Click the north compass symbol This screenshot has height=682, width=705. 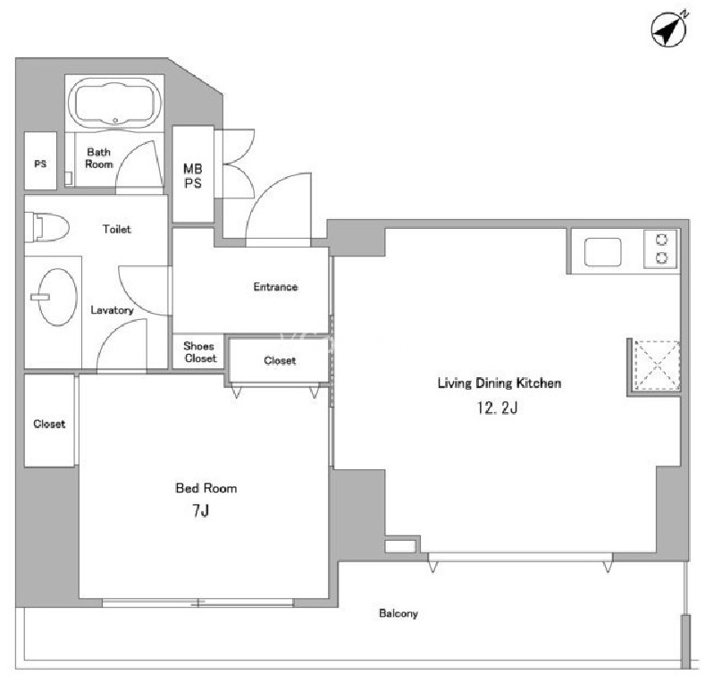pos(669,29)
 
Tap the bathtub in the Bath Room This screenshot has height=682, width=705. pos(114,104)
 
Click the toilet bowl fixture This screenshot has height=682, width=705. pos(46,227)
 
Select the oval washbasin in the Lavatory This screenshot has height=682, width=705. pos(56,297)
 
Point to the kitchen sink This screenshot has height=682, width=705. pos(602,252)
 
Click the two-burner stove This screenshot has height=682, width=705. pos(661,248)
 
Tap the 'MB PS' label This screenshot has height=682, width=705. pos(192,176)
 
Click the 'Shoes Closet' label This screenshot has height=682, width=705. pos(199,352)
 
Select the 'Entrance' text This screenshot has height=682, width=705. pos(275,287)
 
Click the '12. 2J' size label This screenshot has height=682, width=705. pos(498,408)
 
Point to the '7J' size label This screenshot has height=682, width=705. pos(200,510)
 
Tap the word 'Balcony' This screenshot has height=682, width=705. pos(399,613)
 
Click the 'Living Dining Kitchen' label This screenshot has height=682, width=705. pos(499,383)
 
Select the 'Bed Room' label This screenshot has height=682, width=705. pos(206,488)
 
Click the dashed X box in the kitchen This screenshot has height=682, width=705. pos(657,366)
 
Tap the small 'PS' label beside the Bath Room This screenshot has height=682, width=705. pos(40,164)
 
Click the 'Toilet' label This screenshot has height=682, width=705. pos(117,230)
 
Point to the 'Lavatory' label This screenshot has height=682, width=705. pos(112,310)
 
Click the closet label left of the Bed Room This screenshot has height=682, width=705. pos(49,424)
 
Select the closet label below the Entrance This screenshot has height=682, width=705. pos(280,360)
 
